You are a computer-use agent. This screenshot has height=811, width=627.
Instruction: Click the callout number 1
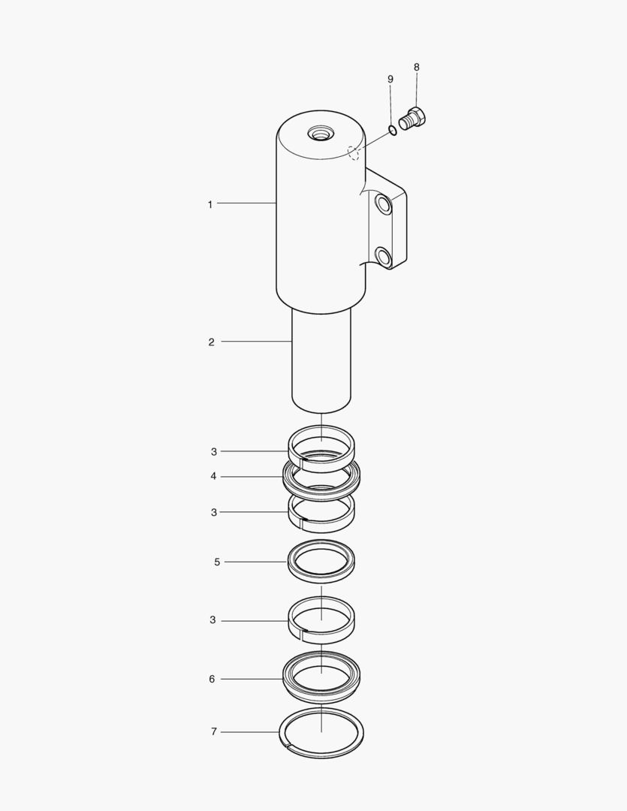tap(210, 204)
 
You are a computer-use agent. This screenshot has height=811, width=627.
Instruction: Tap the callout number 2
tap(211, 342)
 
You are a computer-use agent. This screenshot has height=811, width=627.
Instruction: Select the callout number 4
tap(213, 476)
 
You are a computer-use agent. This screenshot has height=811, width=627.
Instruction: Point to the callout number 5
tap(217, 562)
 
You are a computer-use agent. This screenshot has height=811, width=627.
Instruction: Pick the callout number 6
tap(212, 679)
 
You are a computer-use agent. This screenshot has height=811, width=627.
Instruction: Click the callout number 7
tap(214, 732)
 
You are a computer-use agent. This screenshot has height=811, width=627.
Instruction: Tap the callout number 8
tap(417, 68)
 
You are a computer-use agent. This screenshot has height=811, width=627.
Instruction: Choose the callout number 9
tap(390, 79)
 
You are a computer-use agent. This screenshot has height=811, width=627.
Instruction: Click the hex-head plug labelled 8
tap(414, 119)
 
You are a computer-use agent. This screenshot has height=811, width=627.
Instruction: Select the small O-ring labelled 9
tap(393, 130)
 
